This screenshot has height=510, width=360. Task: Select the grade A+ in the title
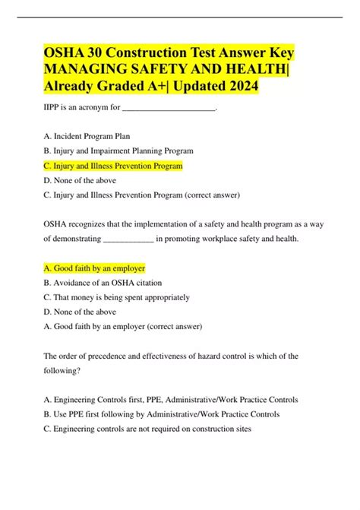coord(155,87)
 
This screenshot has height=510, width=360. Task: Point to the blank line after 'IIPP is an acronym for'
coord(169,109)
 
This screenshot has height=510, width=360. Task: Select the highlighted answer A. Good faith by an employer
coord(95,268)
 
